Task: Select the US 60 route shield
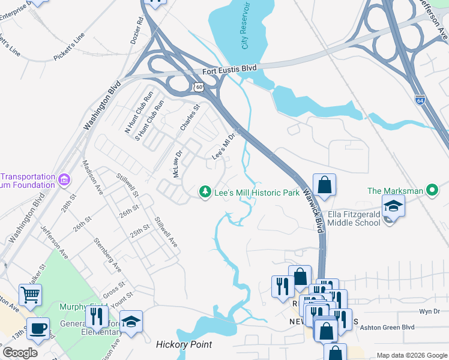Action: coord(199,88)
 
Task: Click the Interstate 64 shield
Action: coord(419,99)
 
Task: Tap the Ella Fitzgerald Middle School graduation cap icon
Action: coord(393,206)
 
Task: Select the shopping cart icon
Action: coord(30,295)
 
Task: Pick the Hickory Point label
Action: coord(184,344)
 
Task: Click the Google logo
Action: coord(20,353)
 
